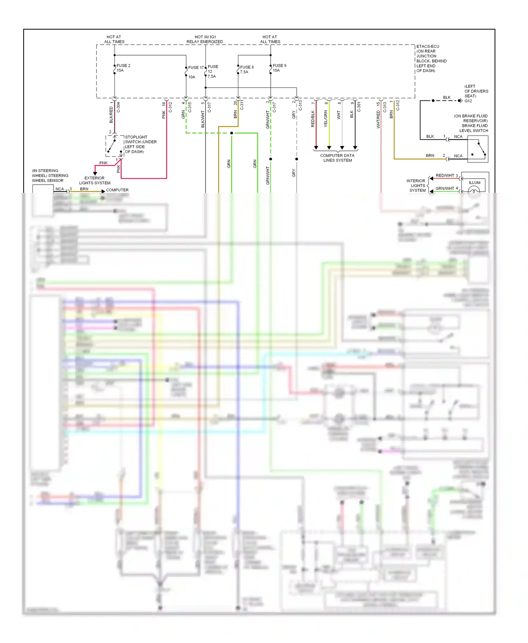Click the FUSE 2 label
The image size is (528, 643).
coord(123,66)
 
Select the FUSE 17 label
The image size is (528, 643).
coord(196,68)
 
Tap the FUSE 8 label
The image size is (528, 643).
coord(247,67)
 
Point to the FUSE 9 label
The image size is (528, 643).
coord(279,66)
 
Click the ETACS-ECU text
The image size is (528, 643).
coord(428,46)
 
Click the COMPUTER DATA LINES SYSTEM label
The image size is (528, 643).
coord(337,158)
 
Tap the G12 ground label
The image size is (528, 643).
coord(468,101)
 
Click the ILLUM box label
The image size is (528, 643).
coord(474,183)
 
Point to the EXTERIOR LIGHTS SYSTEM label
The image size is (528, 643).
coord(95,180)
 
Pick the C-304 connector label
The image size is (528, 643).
coord(118,107)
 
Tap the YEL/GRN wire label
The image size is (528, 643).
coord(326,119)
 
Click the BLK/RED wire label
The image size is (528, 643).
coord(111,115)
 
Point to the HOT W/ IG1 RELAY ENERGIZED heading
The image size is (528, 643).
coord(205,39)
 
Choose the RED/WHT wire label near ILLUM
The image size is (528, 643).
coord(445,176)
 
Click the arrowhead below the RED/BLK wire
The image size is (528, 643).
coord(316,148)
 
